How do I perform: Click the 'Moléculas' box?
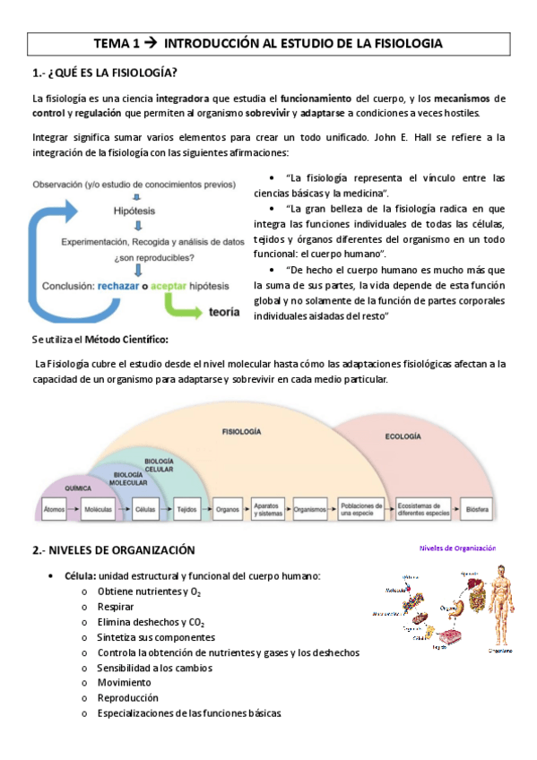pos(96,508)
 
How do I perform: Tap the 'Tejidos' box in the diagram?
pos(186,508)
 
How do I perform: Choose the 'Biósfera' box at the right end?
pos(478,508)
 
